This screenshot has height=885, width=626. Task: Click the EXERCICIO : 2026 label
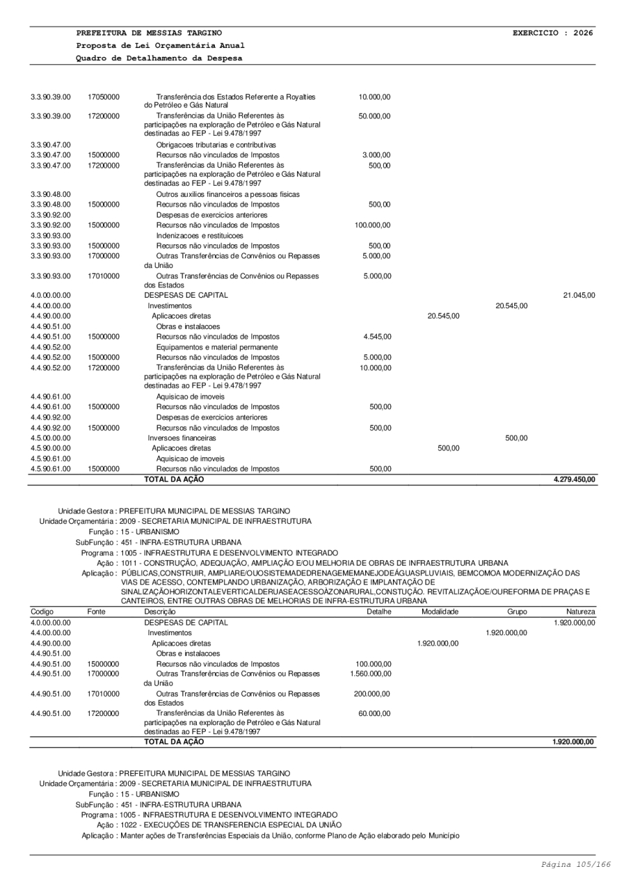point(552,33)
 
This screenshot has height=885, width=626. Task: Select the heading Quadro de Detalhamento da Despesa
point(159,58)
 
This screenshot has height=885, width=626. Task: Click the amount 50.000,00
point(374,116)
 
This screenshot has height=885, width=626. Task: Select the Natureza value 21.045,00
point(579,295)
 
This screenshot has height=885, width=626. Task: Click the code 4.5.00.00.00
point(51,438)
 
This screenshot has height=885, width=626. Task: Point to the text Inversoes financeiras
point(182,438)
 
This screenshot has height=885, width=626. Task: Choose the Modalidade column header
point(440,610)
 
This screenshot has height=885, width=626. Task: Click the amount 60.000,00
point(376,712)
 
